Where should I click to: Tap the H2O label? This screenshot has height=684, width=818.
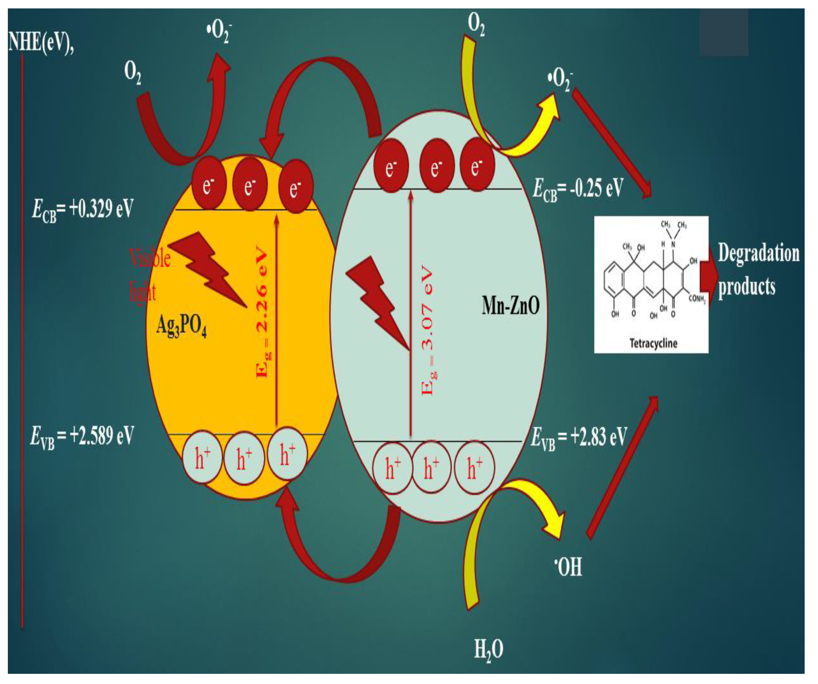(x=488, y=650)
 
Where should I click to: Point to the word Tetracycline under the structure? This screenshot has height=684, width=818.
(x=653, y=344)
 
